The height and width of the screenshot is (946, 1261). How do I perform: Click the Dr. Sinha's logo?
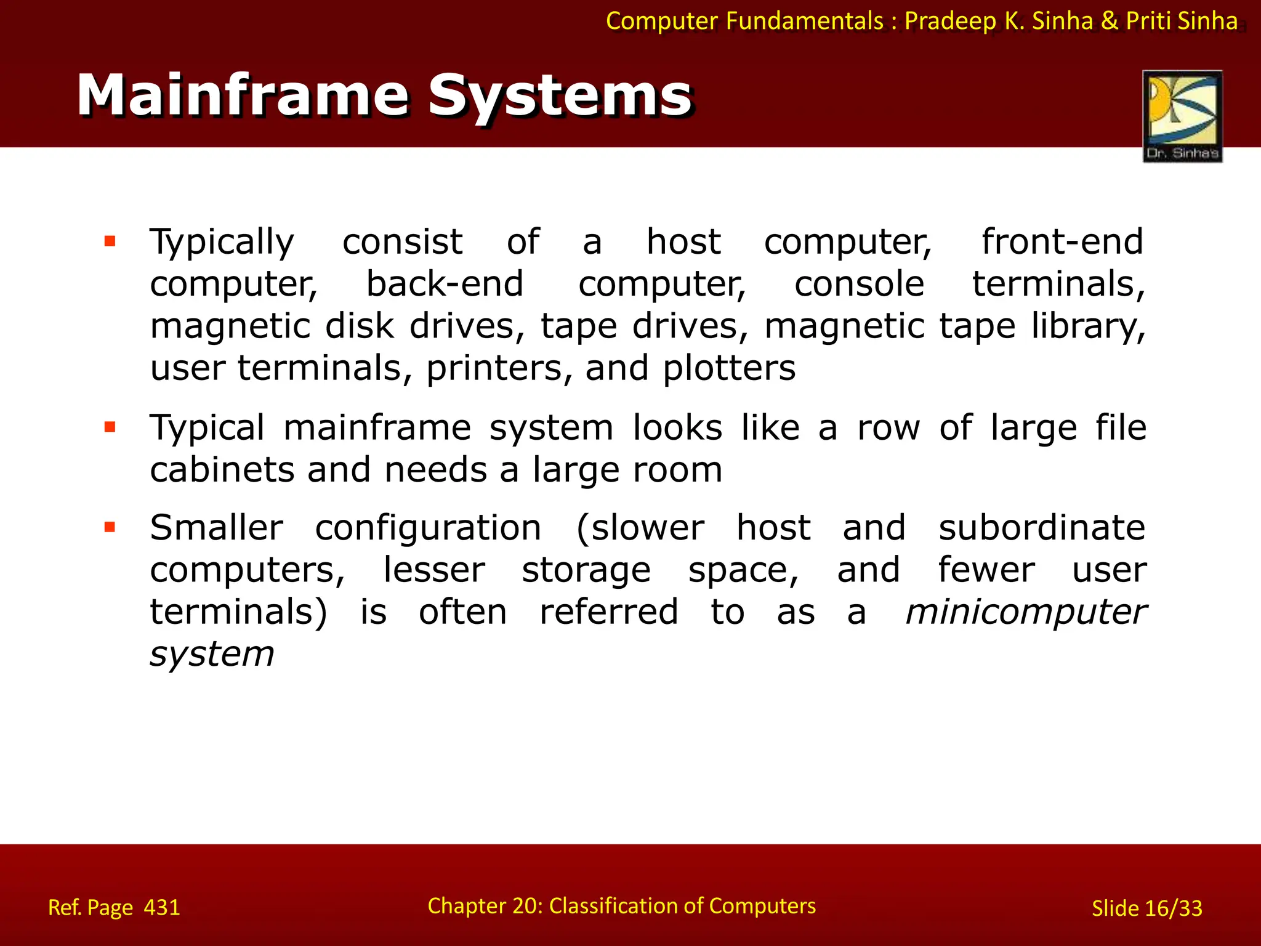tap(1182, 116)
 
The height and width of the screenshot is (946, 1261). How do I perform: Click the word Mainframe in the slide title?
tap(243, 95)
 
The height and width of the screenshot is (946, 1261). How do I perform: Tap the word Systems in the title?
tap(560, 95)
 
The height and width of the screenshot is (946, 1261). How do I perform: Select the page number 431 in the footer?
tap(162, 908)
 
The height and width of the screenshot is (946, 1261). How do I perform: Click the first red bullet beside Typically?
tap(110, 241)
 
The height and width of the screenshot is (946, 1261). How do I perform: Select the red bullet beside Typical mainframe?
tap(110, 427)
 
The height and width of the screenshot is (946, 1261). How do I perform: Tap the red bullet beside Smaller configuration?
tap(110, 527)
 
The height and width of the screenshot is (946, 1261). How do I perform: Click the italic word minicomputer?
tap(1025, 612)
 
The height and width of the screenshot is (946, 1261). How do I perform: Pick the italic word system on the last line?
tap(212, 654)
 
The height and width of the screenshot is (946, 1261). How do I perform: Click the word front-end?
tap(1062, 241)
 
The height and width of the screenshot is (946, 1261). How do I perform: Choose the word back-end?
tap(445, 284)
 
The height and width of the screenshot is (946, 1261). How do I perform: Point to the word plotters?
tap(729, 368)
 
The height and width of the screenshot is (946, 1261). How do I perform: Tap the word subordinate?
tap(1042, 528)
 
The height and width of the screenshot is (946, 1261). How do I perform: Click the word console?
tap(859, 284)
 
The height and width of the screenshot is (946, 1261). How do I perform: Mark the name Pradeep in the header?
tap(950, 22)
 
